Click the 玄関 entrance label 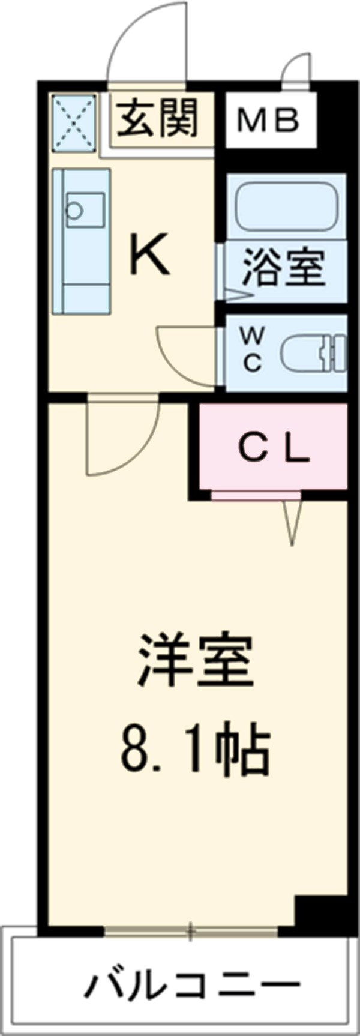point(157,118)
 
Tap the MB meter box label point(268,121)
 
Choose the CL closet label point(273,450)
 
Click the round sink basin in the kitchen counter point(74,210)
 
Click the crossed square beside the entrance point(75,123)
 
